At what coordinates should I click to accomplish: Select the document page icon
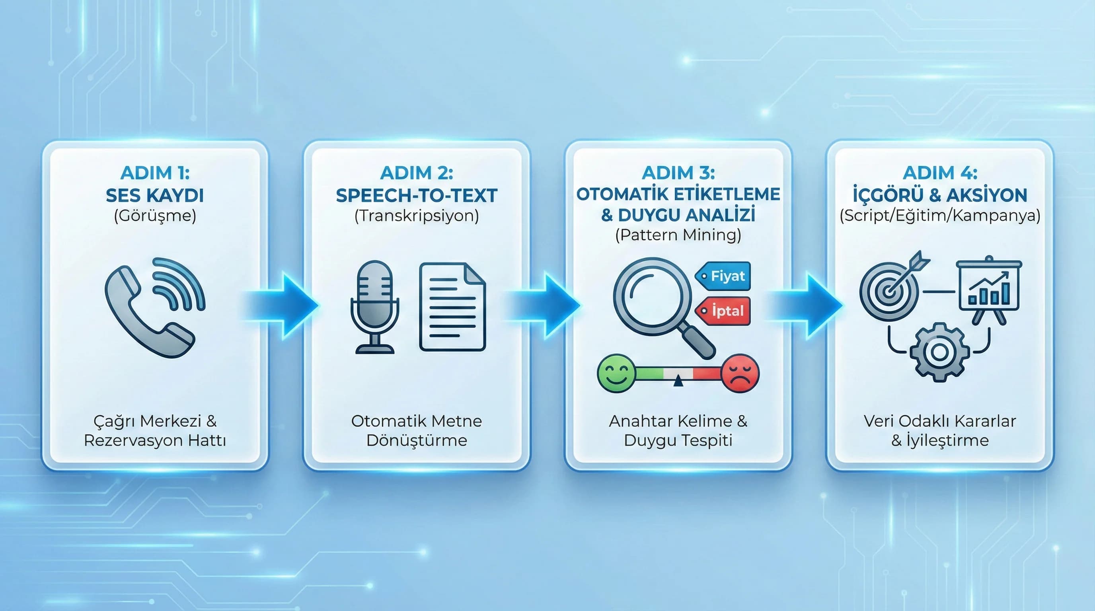452,307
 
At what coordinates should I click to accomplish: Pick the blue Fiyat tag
724,276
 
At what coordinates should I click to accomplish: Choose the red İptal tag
724,311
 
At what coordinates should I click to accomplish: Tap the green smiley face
616,374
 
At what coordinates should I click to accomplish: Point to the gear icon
939,351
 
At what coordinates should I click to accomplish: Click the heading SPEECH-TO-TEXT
417,195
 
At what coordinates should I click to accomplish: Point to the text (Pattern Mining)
678,235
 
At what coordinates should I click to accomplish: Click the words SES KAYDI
155,195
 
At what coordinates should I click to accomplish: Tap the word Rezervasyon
132,440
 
